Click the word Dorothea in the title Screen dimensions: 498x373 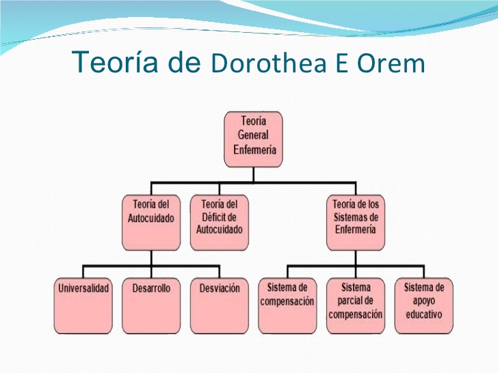pyautogui.click(x=269, y=62)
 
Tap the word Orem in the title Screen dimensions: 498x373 pyautogui.click(x=391, y=63)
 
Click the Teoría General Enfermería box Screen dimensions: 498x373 pyautogui.click(x=253, y=139)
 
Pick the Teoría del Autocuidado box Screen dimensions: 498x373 pyautogui.click(x=151, y=222)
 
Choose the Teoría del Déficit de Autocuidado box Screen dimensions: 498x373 pyautogui.click(x=220, y=222)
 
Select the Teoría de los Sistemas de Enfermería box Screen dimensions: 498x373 pyautogui.click(x=356, y=222)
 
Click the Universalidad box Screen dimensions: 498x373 pyautogui.click(x=83, y=306)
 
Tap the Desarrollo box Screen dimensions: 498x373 pyautogui.click(x=151, y=306)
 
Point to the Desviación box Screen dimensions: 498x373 pyautogui.click(x=220, y=306)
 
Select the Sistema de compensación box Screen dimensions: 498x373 pyautogui.click(x=287, y=306)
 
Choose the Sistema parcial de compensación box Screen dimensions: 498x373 pyautogui.click(x=356, y=306)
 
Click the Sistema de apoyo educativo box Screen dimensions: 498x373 pyautogui.click(x=424, y=306)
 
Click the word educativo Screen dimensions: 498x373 pyautogui.click(x=424, y=314)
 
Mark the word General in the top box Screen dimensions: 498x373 pyautogui.click(x=253, y=135)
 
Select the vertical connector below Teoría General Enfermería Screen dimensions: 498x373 pyautogui.click(x=253, y=175)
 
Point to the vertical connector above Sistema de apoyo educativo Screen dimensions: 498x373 pyautogui.click(x=424, y=272)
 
